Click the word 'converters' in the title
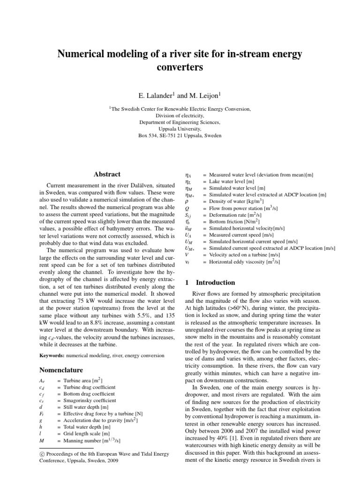[x=180, y=67]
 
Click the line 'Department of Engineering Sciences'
[x=180, y=122]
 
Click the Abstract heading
[x=107, y=174]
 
